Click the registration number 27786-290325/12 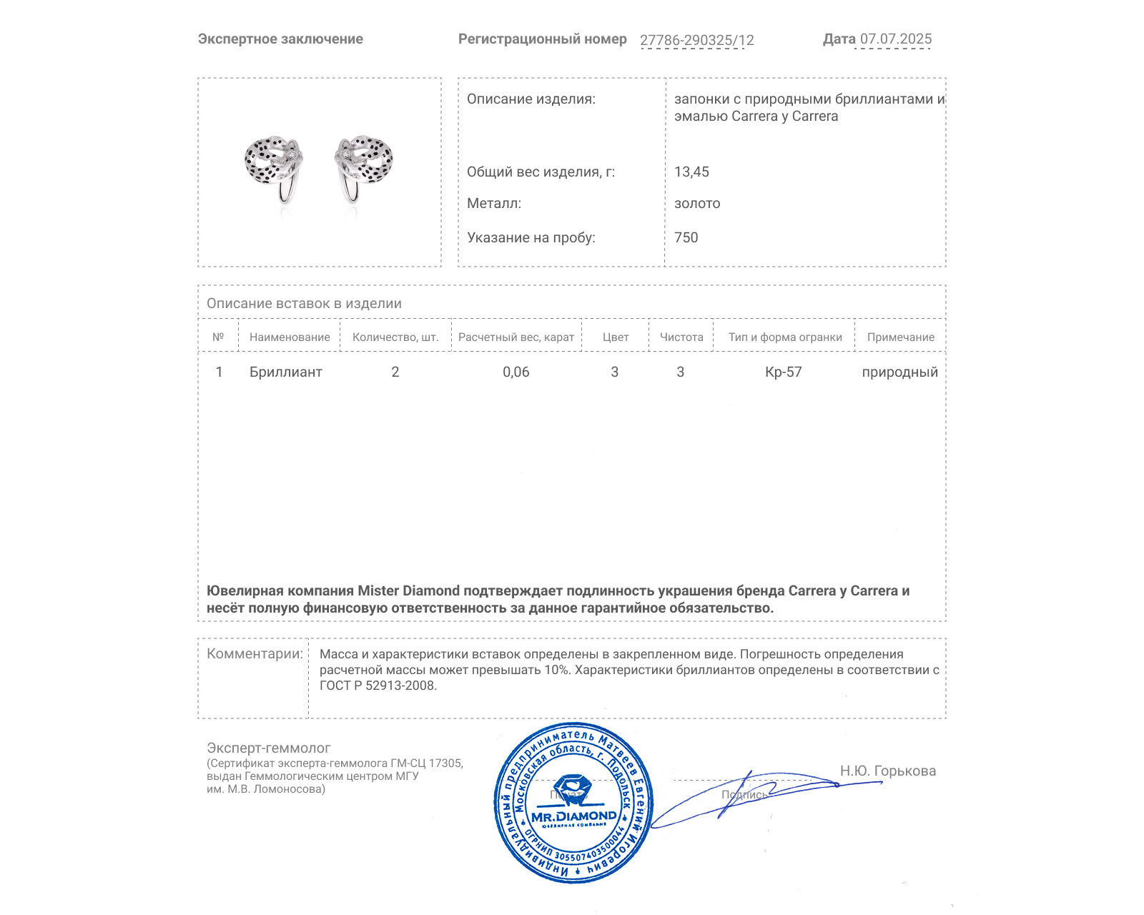[x=696, y=41]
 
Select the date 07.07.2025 [x=895, y=39]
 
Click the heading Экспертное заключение [x=280, y=39]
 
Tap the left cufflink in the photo [x=274, y=166]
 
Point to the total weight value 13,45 [x=691, y=172]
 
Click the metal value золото [x=697, y=204]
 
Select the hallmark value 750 [x=686, y=238]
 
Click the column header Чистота [x=681, y=337]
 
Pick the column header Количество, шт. [x=395, y=337]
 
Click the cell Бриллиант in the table [x=285, y=372]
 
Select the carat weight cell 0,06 [x=516, y=372]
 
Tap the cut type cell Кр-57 [x=783, y=372]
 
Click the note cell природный [x=899, y=372]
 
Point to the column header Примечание [x=900, y=337]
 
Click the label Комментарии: [x=255, y=654]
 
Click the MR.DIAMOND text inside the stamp [x=573, y=816]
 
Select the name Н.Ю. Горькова [x=887, y=771]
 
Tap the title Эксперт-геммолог [x=268, y=748]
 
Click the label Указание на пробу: [x=531, y=238]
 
